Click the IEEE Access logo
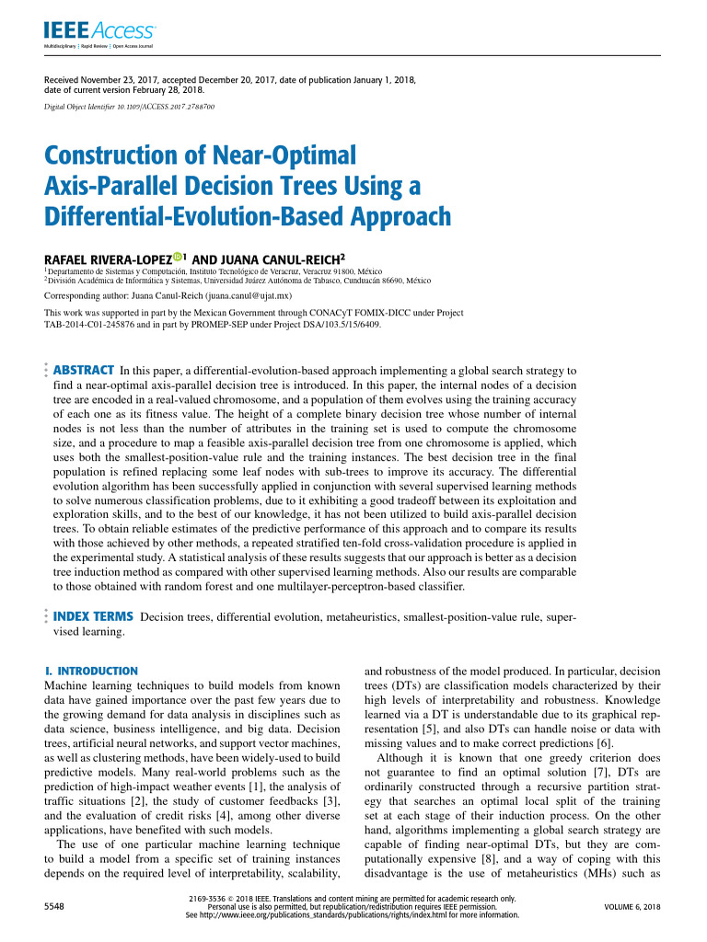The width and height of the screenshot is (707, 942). pyautogui.click(x=99, y=33)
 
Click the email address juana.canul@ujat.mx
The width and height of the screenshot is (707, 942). pyautogui.click(x=249, y=296)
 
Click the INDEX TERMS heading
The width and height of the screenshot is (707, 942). pyautogui.click(x=95, y=615)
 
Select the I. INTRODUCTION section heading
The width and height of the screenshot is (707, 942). pyautogui.click(x=91, y=672)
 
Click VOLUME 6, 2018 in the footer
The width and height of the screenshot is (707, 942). pyautogui.click(x=632, y=907)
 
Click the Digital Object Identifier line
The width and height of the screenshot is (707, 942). pyautogui.click(x=130, y=107)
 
